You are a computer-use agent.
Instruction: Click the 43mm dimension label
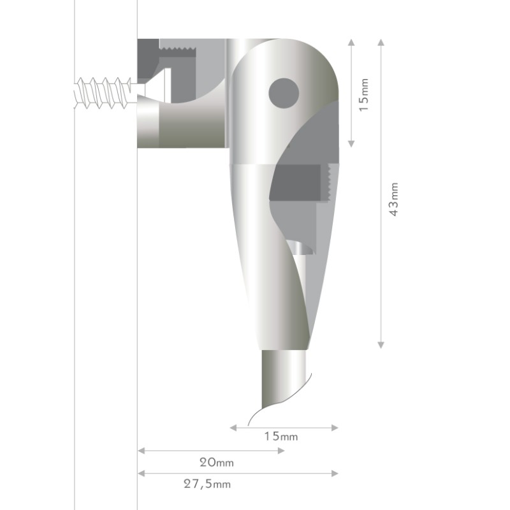click(x=393, y=200)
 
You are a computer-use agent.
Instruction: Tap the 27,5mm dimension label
click(x=207, y=484)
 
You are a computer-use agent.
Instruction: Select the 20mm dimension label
click(x=217, y=462)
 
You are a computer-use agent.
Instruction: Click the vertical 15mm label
click(x=363, y=94)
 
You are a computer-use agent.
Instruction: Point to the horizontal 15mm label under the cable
click(x=281, y=436)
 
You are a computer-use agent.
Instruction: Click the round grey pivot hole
click(x=284, y=93)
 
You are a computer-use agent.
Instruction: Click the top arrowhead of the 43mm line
click(x=381, y=42)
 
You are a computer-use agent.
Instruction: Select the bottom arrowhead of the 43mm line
click(x=381, y=345)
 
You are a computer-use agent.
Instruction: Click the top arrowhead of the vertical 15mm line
click(x=351, y=42)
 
